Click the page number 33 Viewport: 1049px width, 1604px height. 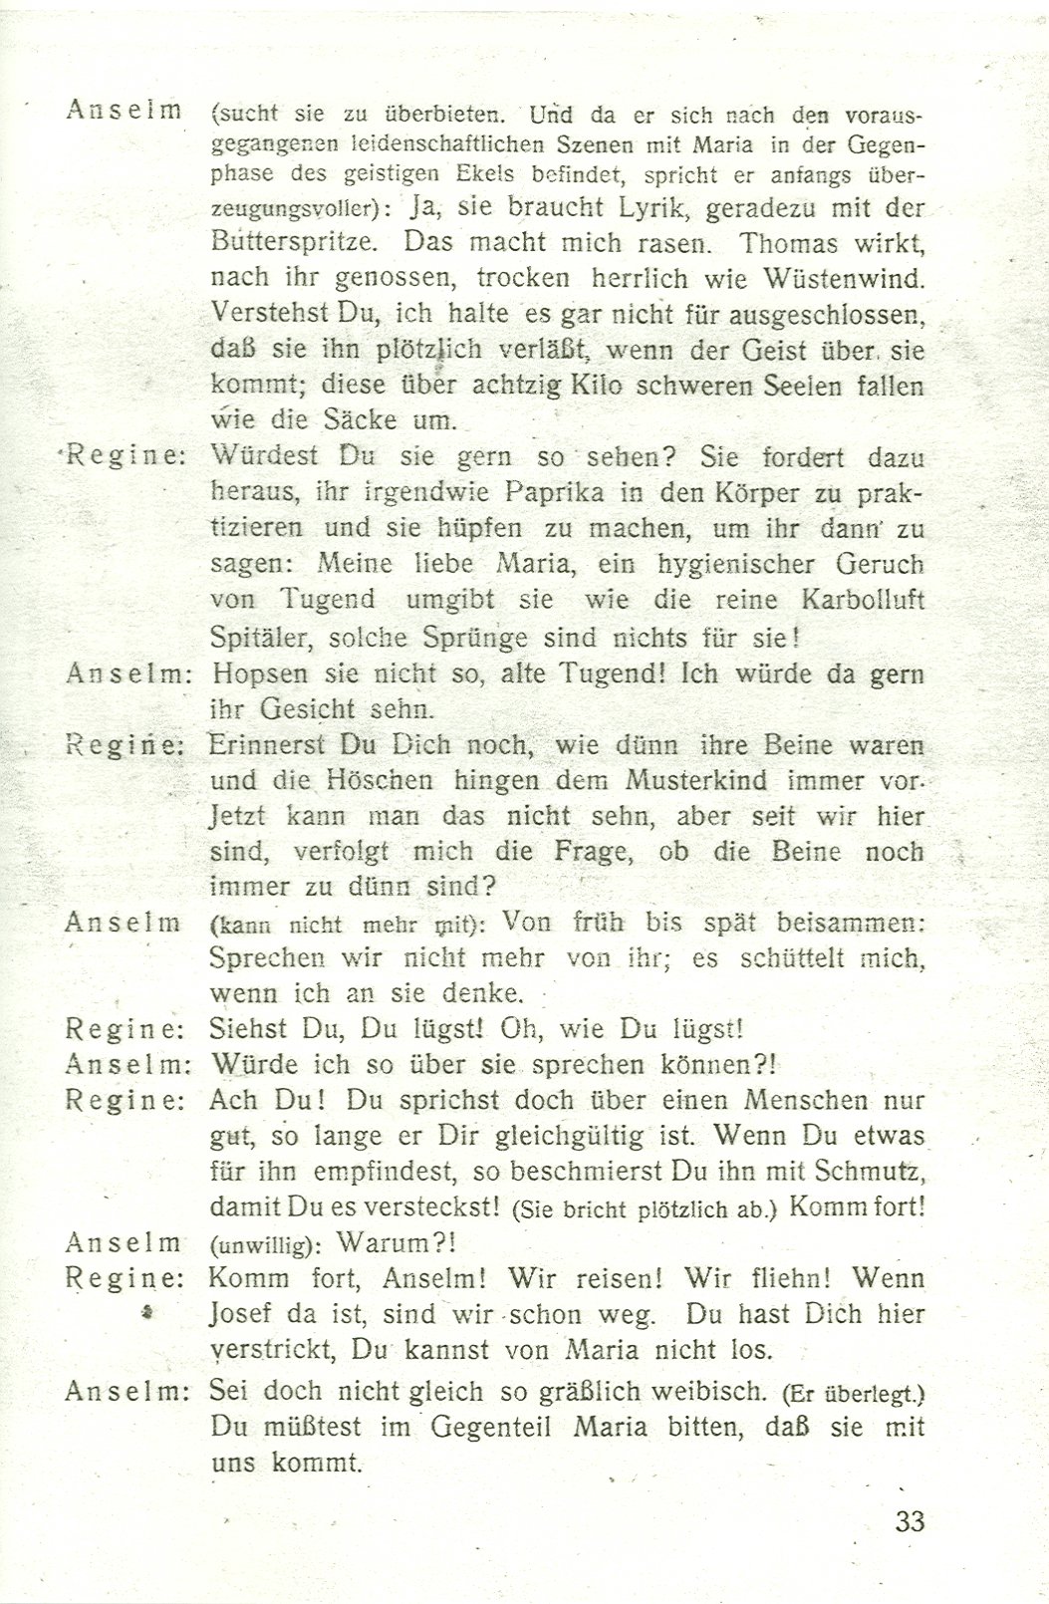[910, 1521]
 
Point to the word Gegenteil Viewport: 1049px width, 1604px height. [494, 1428]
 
